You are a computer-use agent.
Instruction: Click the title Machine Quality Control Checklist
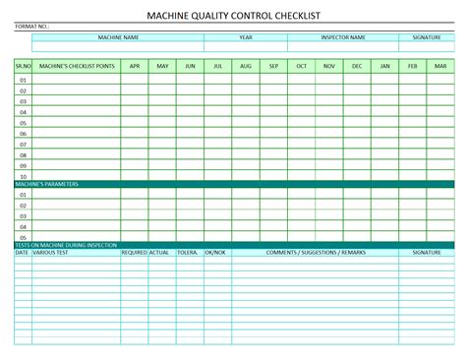point(232,16)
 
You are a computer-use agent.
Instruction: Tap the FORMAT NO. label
point(31,28)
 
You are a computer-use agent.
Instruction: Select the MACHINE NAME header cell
point(118,37)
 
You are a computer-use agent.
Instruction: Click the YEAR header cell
point(246,37)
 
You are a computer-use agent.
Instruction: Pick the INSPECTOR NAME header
point(343,37)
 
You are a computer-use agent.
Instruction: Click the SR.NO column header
point(23,66)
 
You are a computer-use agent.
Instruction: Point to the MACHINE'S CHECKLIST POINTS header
point(76,66)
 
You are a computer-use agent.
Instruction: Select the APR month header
point(135,66)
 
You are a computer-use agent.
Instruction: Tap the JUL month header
point(218,66)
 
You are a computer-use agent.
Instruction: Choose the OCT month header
point(302,66)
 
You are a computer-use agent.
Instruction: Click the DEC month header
point(357,66)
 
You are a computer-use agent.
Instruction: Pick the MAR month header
point(440,66)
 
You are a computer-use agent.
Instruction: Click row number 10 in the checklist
point(23,176)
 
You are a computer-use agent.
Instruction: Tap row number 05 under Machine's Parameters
point(23,237)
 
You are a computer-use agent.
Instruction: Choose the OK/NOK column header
point(214,253)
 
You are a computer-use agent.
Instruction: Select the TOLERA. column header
point(187,253)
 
